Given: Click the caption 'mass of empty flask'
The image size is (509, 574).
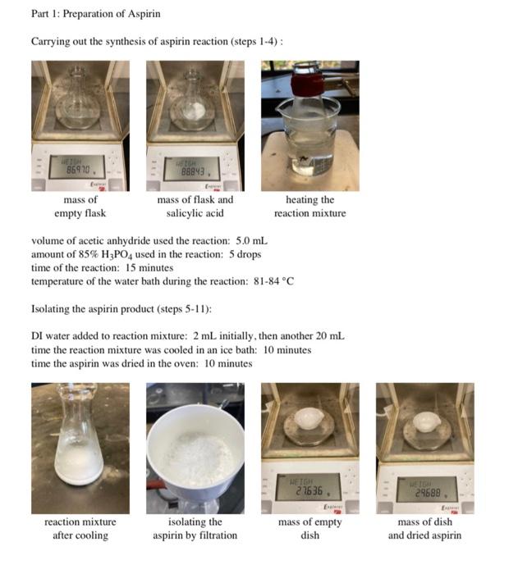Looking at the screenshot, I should pos(80,206).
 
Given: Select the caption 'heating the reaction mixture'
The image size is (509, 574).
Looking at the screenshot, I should pos(310,206).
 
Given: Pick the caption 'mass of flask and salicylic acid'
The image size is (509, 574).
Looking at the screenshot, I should pos(195,206).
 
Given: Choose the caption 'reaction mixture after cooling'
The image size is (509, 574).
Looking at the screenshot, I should pos(80,528).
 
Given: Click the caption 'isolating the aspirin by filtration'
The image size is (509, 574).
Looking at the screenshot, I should pos(195,528).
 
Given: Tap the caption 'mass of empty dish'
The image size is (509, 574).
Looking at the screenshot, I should pos(310,528).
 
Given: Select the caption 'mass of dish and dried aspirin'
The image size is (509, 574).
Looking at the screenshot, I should pos(424,528).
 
